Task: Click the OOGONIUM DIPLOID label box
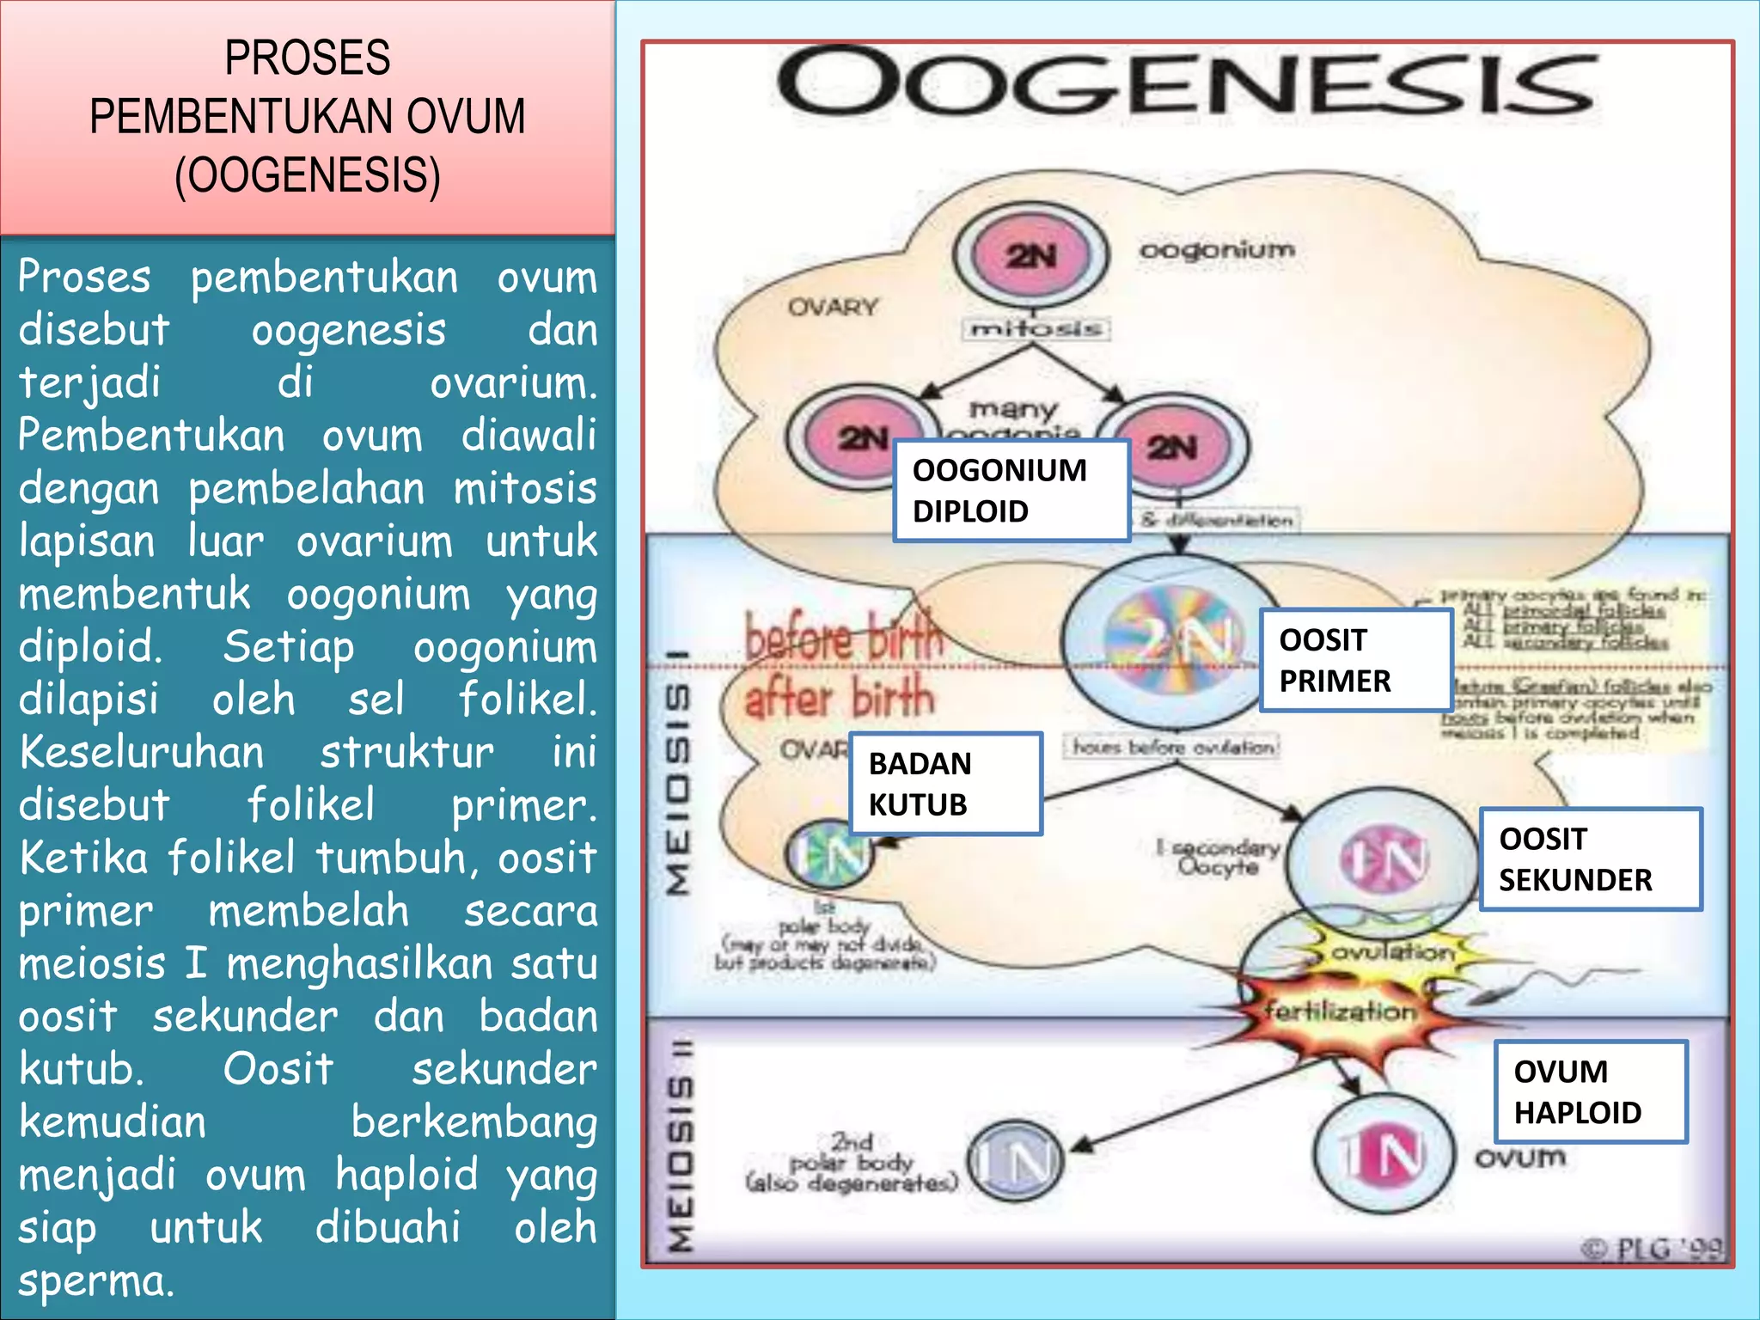coord(1011,491)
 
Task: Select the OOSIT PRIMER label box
coord(1355,660)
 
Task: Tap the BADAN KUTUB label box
coord(945,784)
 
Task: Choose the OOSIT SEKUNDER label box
coord(1590,859)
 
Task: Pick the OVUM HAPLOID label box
coord(1590,1091)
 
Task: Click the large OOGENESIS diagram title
coord(1186,83)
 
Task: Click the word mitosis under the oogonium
coord(1036,328)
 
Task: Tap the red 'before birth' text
coord(844,637)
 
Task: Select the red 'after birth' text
coord(839,697)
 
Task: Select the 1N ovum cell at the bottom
coord(1384,1153)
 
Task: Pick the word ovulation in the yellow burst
coord(1392,952)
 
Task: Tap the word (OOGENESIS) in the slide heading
coord(308,175)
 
